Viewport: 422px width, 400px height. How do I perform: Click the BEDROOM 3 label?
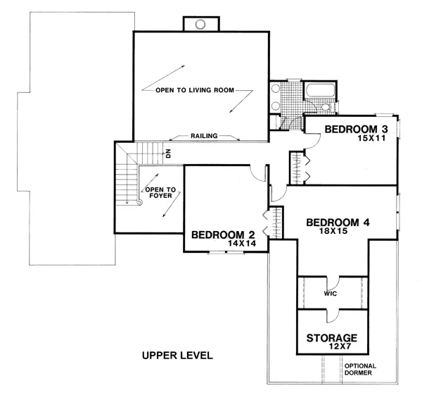click(357, 129)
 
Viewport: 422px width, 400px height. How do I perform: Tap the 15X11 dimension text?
click(371, 138)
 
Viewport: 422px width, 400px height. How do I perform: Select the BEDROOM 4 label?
click(338, 223)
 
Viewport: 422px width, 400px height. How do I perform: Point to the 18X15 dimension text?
click(333, 231)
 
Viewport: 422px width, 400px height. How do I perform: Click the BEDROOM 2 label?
click(223, 235)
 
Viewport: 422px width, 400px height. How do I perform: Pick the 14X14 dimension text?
click(242, 244)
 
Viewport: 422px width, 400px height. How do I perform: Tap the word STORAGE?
click(332, 338)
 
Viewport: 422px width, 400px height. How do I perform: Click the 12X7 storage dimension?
click(340, 346)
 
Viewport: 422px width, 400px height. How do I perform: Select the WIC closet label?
click(331, 294)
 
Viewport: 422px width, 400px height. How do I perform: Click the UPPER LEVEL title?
click(177, 356)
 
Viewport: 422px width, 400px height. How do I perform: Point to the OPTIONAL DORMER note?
click(360, 370)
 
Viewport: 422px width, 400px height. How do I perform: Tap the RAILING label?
click(204, 136)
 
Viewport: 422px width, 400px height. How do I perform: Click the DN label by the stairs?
click(168, 154)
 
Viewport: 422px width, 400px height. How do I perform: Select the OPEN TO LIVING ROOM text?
click(195, 90)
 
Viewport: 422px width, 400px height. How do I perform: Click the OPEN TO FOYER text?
click(160, 193)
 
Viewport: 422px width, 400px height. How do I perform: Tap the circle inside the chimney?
click(200, 24)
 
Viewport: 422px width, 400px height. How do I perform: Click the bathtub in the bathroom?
click(320, 91)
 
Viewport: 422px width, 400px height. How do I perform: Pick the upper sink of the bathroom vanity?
click(276, 88)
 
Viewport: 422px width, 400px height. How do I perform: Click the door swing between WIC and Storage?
click(333, 316)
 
